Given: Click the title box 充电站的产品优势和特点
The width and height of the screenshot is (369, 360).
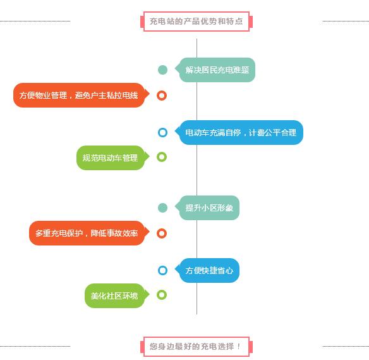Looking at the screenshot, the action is (197, 22).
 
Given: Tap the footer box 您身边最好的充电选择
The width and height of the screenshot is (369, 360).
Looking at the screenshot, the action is (197, 346).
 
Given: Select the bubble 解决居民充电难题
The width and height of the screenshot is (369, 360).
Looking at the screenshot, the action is (215, 70).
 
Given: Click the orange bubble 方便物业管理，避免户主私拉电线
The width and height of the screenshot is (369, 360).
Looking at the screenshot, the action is (81, 95).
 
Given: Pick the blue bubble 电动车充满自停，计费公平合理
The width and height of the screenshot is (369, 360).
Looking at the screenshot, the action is (239, 132).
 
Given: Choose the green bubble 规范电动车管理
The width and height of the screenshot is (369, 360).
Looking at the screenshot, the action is (112, 158).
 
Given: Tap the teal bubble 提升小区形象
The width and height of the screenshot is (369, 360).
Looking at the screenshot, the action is (207, 208).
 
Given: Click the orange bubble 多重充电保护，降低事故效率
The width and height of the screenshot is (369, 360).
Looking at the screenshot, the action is (89, 233).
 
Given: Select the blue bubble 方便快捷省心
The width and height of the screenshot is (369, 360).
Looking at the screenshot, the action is (207, 270).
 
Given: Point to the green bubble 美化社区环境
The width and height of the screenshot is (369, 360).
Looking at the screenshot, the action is (117, 295).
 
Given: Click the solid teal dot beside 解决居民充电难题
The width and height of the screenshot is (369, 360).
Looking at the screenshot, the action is (162, 70).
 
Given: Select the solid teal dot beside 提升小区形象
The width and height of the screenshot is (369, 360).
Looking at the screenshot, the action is (162, 208).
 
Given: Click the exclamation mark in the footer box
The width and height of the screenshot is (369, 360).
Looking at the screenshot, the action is (239, 346).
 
